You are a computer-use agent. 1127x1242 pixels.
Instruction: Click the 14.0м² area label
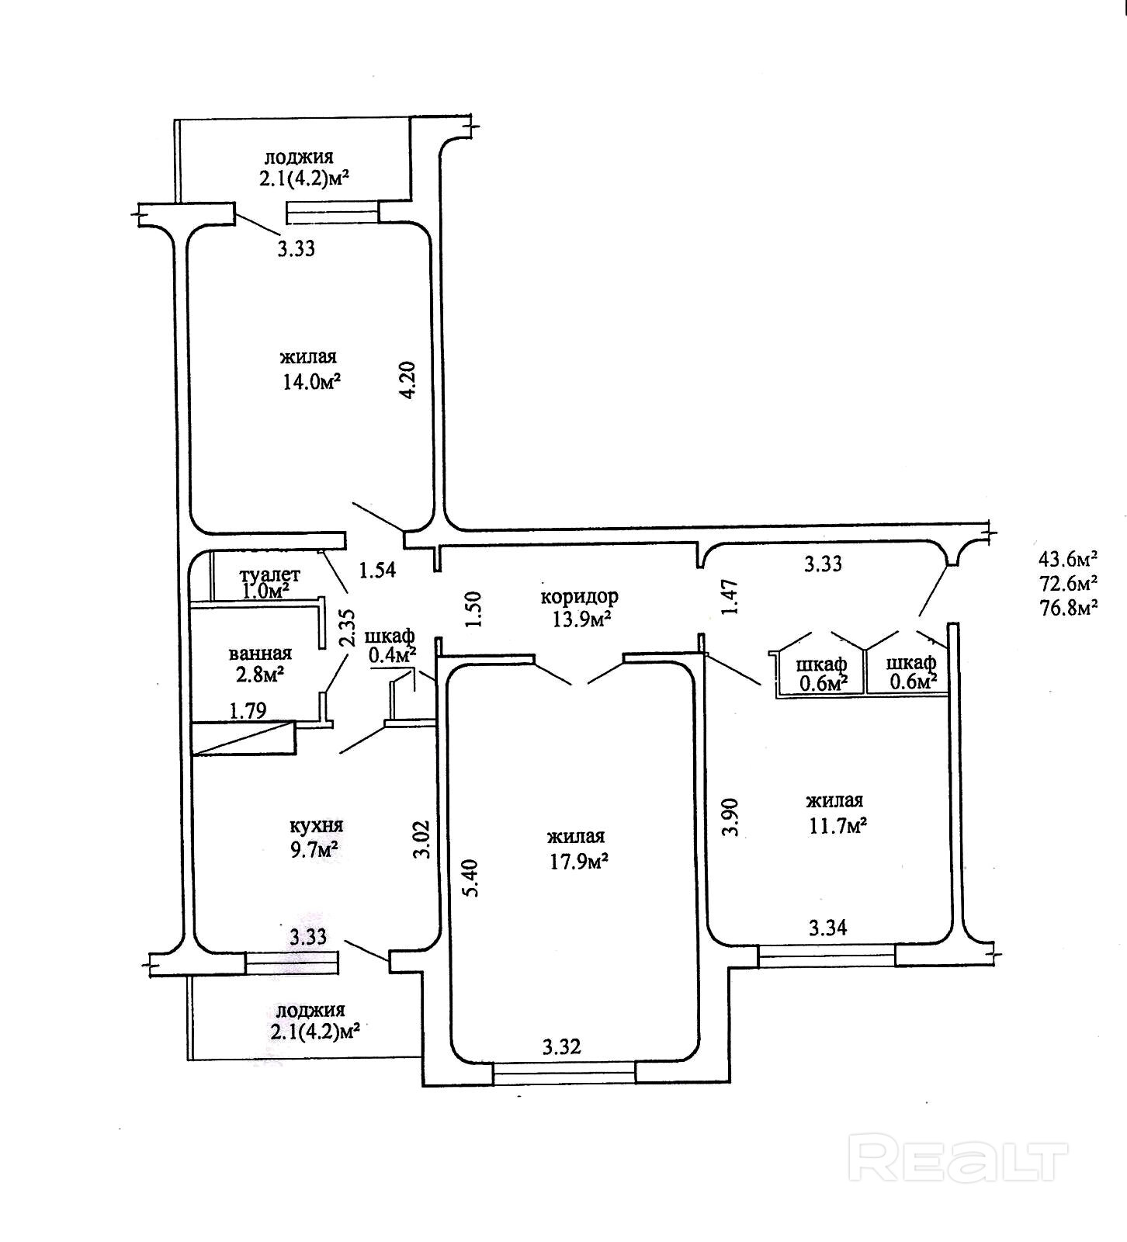[x=312, y=383]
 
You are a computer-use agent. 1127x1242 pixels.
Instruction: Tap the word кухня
[x=316, y=825]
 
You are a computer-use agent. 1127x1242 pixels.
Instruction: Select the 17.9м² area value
[x=577, y=862]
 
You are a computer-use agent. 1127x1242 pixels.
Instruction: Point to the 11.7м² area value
[x=837, y=826]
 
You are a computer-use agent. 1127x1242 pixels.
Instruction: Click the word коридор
[x=579, y=597]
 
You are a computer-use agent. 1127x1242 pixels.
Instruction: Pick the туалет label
[x=270, y=575]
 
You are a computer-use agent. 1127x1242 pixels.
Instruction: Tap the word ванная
[x=260, y=654]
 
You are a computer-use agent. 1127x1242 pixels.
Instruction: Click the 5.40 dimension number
[x=470, y=877]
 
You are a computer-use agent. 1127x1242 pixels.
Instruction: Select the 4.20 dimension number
[x=408, y=380]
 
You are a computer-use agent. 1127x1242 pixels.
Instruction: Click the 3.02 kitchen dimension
[x=421, y=840]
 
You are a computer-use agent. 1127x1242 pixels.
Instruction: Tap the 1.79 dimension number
[x=248, y=710]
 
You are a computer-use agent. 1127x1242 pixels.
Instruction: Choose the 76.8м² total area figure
[x=1068, y=607]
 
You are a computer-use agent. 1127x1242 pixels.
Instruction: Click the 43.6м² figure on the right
[x=1068, y=557]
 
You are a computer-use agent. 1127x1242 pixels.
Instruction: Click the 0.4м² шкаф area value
[x=393, y=654]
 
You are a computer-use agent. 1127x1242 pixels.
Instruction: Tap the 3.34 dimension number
[x=828, y=927]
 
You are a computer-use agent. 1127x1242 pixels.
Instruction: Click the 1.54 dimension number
[x=377, y=571]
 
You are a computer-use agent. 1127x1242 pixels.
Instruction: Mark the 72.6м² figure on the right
[x=1068, y=582]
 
